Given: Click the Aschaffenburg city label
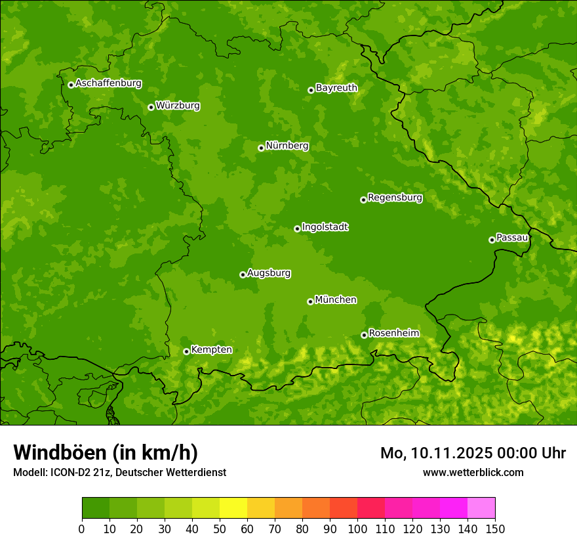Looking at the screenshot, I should [x=108, y=83].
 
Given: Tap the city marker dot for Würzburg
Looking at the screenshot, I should [x=151, y=107].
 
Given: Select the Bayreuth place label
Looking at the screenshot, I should [x=336, y=88].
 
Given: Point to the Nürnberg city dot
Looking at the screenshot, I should [x=261, y=148].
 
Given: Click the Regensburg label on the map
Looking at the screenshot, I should [x=395, y=198].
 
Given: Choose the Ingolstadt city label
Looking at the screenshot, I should [x=325, y=227].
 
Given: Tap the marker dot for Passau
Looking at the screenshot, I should [x=492, y=240].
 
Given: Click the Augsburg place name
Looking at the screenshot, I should [x=269, y=273].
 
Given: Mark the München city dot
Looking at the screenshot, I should [x=310, y=301].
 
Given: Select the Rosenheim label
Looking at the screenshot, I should [x=393, y=334].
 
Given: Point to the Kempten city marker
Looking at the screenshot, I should [x=186, y=351].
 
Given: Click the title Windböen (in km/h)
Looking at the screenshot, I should [x=106, y=452].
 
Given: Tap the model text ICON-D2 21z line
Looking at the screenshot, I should [x=119, y=473].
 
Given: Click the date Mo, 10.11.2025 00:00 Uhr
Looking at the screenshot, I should [x=473, y=453].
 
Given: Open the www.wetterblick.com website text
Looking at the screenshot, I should [x=473, y=473].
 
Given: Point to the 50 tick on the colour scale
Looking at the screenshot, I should [x=220, y=529].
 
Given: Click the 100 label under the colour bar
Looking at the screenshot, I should [x=357, y=529].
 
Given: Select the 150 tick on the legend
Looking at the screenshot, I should [x=495, y=529].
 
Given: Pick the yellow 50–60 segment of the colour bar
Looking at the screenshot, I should [x=233, y=508].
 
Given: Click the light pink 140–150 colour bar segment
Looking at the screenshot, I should [x=481, y=508].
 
